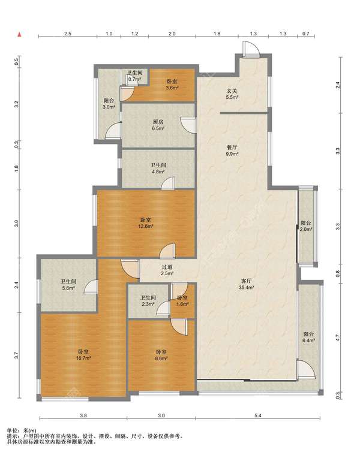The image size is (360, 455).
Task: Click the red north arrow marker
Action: [x=20, y=35]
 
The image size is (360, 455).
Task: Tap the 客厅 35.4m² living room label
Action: [x=246, y=284]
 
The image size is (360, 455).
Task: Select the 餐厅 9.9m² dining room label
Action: [x=232, y=150]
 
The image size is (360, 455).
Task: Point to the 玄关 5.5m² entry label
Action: [x=232, y=94]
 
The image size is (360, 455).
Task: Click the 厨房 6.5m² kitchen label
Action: [x=158, y=125]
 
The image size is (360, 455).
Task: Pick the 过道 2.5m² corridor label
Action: [x=167, y=270]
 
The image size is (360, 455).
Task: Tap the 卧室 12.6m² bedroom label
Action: [x=145, y=223]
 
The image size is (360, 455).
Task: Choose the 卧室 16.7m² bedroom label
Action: [x=83, y=355]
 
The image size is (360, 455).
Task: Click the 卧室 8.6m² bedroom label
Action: [x=161, y=355]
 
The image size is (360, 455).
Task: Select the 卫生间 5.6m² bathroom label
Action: [x=68, y=285]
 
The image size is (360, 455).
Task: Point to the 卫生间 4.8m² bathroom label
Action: [x=158, y=168]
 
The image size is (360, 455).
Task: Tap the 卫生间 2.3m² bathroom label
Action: [x=148, y=301]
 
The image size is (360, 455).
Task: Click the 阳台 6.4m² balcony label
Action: [x=308, y=337]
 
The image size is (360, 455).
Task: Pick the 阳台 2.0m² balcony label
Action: [x=306, y=226]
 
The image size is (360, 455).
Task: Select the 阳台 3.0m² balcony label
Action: [x=109, y=104]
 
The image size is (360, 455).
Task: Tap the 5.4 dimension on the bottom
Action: [x=258, y=415]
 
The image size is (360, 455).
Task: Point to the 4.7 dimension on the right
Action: [x=337, y=338]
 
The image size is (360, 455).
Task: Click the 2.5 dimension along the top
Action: [x=67, y=34]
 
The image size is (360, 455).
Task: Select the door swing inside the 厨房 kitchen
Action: [x=188, y=125]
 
